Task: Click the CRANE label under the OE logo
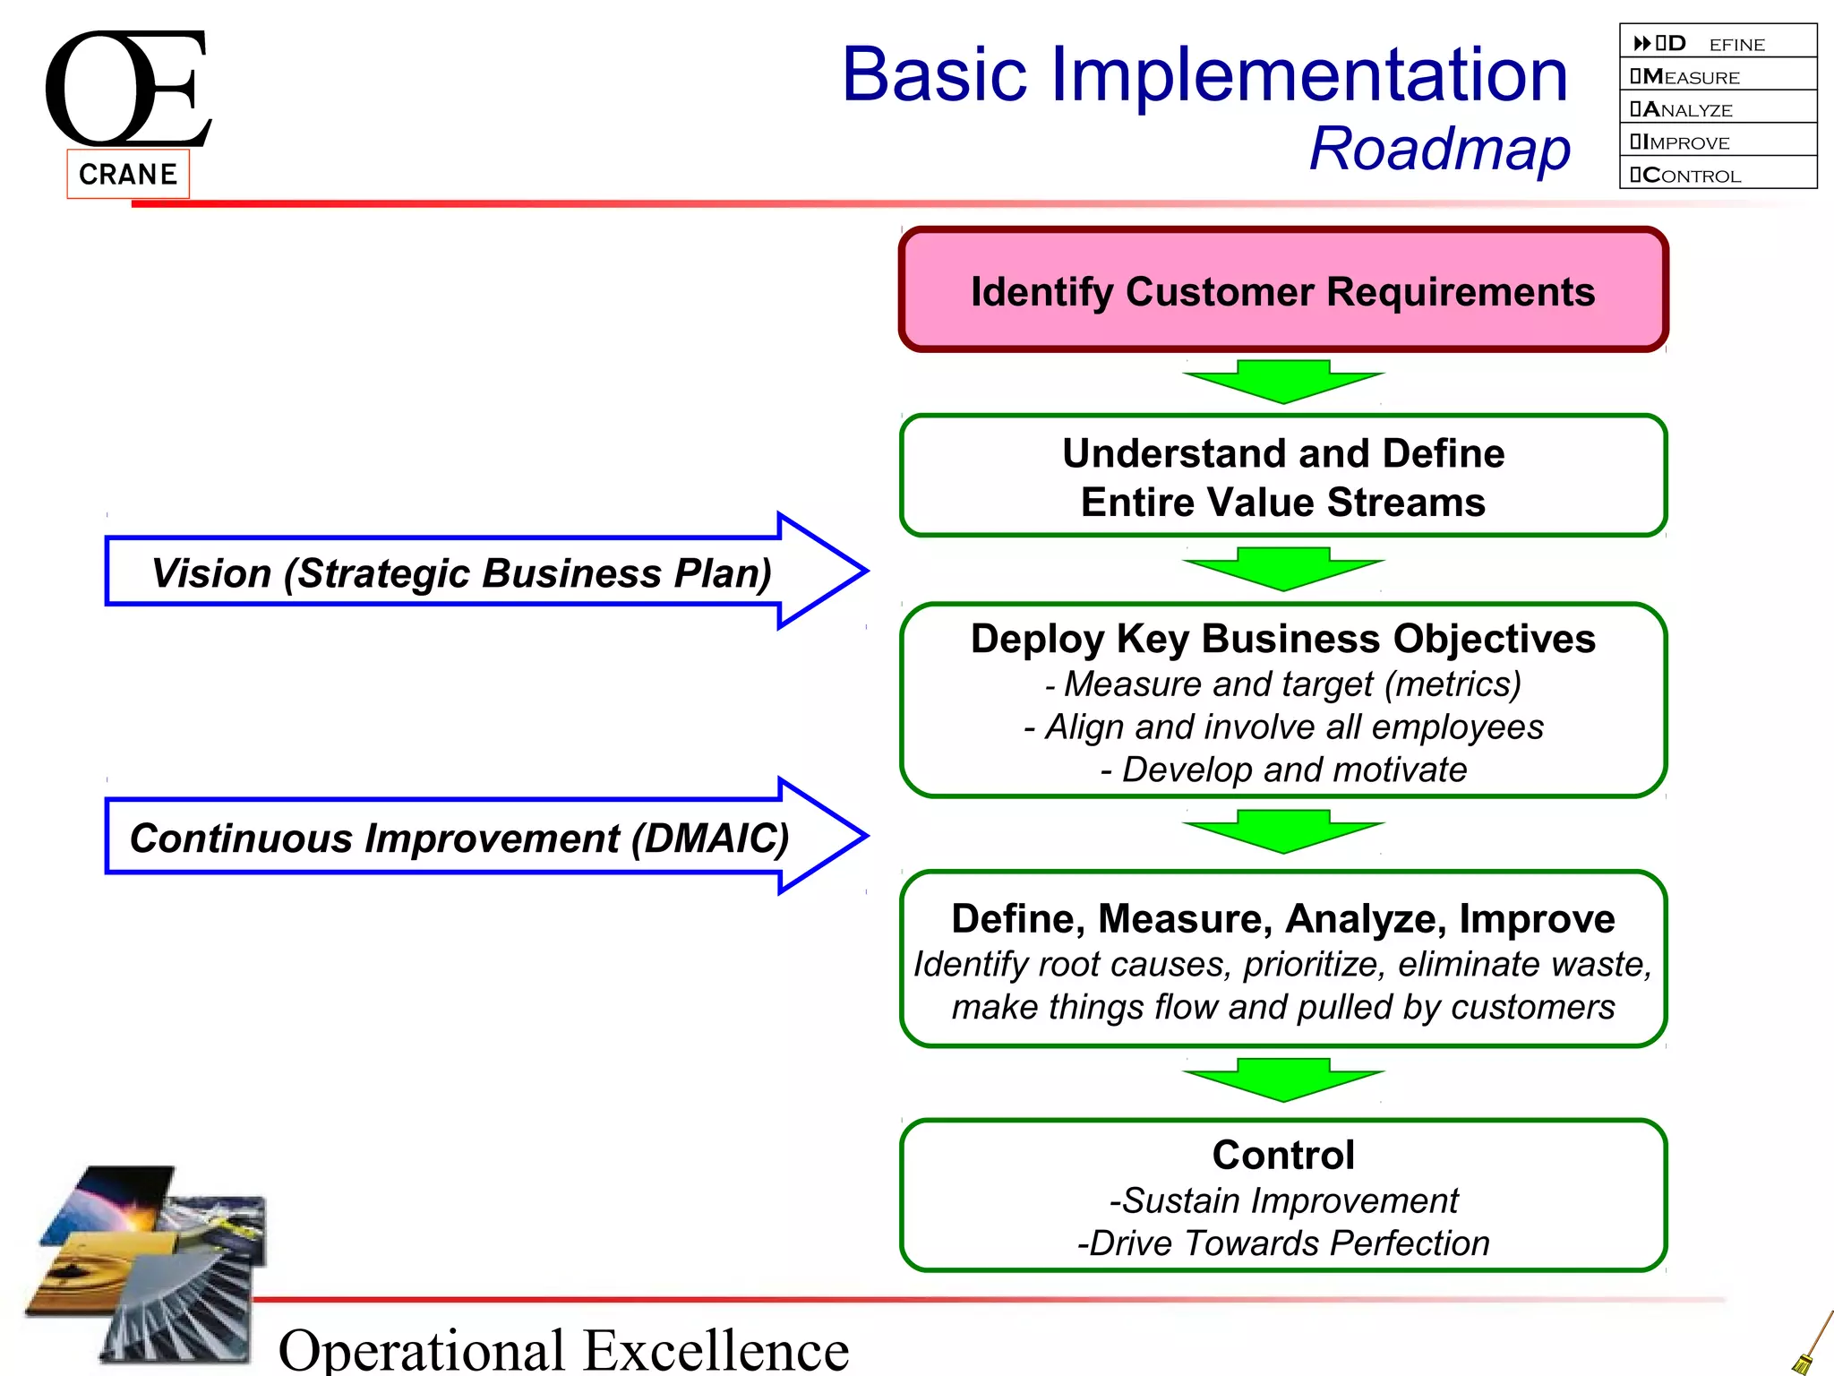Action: (x=128, y=174)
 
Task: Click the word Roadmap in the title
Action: (x=1439, y=149)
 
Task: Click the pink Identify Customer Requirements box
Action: (x=1282, y=290)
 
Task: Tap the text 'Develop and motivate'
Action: (x=1293, y=770)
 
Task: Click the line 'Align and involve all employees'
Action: (x=1293, y=727)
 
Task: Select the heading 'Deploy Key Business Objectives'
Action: (x=1282, y=640)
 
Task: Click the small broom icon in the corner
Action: (x=1813, y=1343)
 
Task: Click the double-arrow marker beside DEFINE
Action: (x=1641, y=43)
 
